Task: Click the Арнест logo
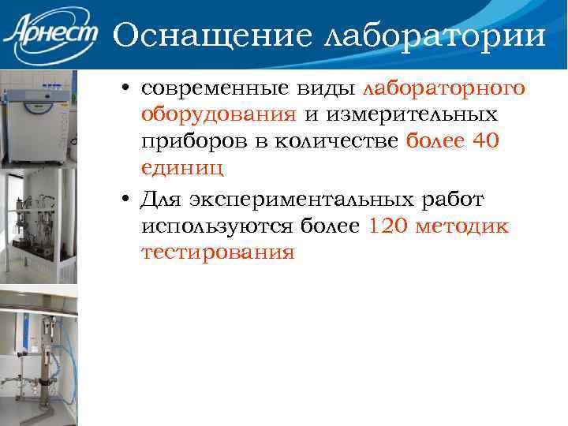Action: [50, 35]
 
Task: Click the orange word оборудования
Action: [219, 115]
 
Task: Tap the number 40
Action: [482, 142]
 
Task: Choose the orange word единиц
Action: [182, 169]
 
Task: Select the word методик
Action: [465, 227]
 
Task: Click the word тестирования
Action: [218, 254]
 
